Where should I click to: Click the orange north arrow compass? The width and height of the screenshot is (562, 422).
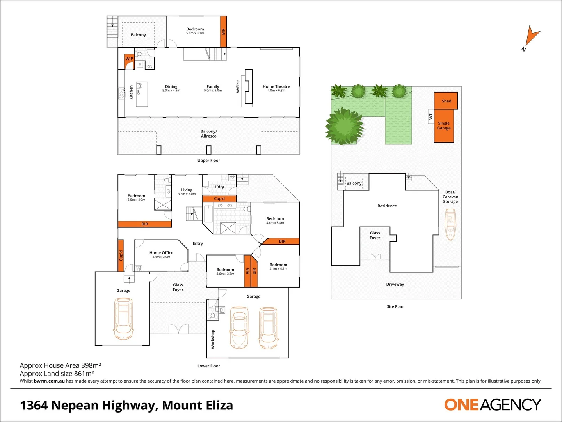coord(531,36)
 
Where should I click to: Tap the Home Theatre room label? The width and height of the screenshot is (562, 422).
coord(276,88)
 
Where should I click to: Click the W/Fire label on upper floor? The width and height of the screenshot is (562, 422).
coord(238,87)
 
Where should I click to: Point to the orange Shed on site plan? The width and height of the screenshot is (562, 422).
coord(446,101)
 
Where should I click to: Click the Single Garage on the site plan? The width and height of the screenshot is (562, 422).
coord(444,126)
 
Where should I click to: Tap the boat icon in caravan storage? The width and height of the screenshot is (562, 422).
coord(450,224)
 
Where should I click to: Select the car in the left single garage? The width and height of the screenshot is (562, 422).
coord(123,318)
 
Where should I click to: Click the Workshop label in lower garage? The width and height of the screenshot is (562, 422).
coord(213,339)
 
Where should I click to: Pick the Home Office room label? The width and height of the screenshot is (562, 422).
coord(161,254)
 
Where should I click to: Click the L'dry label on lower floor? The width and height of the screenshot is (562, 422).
coord(219,187)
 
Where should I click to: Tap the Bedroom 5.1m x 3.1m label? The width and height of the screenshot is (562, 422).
coord(195,31)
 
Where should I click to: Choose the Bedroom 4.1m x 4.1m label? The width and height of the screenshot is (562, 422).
coord(278,266)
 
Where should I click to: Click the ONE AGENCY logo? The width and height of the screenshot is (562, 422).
coord(493,405)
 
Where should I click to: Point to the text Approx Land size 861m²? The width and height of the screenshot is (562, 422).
coord(57,374)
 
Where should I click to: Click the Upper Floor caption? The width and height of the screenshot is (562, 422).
coord(209,161)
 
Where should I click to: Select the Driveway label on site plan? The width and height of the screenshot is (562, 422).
coord(395,284)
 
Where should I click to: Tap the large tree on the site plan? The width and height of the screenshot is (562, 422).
coord(345,126)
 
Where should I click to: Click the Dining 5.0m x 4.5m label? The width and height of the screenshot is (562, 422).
coord(171,88)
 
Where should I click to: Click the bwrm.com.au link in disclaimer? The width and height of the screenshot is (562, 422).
coord(49,381)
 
